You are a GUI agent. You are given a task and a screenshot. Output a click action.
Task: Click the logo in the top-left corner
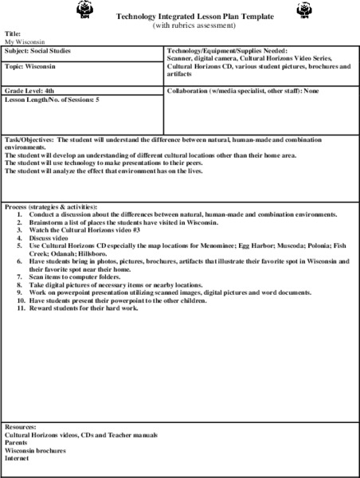pos(85,10)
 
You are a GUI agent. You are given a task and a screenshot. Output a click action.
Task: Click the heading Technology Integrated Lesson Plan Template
pos(195,16)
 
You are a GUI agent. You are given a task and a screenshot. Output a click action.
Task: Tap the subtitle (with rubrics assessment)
pos(195,25)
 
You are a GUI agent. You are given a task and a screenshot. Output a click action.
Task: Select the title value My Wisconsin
pos(25,41)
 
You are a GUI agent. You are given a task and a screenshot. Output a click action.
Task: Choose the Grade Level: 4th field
pos(29,91)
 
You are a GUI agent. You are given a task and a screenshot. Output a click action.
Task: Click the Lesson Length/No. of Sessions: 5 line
pos(52,100)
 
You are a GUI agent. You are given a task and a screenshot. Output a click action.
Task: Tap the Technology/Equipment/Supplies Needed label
pos(227,51)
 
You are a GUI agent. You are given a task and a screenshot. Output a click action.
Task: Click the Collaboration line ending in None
pos(243,92)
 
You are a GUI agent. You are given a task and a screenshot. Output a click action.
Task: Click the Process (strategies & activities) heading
pos(51,207)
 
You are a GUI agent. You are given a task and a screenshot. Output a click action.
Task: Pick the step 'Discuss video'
pos(51,237)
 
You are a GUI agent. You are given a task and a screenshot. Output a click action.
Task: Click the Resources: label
pos(21,428)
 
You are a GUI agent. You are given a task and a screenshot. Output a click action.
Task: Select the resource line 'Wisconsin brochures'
pos(36,450)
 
